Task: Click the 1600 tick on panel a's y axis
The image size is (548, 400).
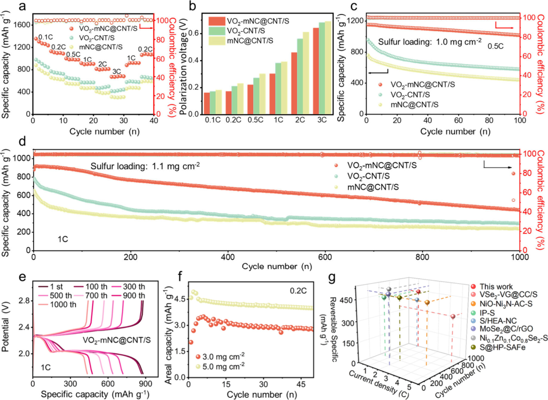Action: tap(20, 25)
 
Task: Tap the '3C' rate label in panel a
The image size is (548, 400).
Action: tap(116, 71)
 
